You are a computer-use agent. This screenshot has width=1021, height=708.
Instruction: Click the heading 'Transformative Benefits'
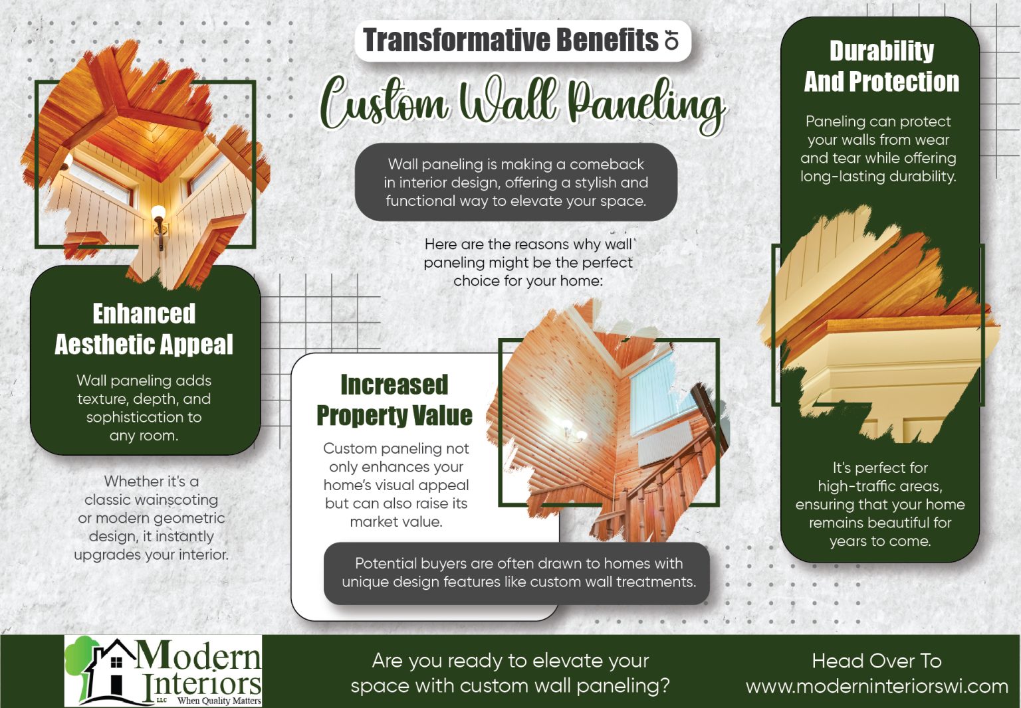(x=510, y=41)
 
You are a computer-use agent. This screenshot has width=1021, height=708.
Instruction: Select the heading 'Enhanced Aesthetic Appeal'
(x=144, y=329)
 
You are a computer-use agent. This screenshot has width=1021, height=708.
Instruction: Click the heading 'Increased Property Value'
(x=394, y=400)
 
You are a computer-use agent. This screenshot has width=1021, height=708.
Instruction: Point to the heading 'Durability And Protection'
(x=881, y=66)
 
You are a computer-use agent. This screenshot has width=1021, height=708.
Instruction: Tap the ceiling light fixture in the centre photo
(x=572, y=432)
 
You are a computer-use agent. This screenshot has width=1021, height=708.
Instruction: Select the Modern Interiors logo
(x=164, y=671)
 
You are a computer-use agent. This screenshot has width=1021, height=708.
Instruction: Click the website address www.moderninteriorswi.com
(x=877, y=686)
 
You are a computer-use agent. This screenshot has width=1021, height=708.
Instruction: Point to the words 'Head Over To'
(x=877, y=661)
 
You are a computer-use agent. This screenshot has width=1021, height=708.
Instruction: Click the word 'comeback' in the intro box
(x=606, y=164)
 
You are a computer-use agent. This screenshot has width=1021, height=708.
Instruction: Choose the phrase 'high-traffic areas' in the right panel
(x=879, y=486)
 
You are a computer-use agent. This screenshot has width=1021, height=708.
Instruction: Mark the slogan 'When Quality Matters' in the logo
(x=219, y=701)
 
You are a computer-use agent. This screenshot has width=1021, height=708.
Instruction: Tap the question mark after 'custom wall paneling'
(x=664, y=685)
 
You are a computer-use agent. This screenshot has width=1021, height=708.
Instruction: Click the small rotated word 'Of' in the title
(x=673, y=41)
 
